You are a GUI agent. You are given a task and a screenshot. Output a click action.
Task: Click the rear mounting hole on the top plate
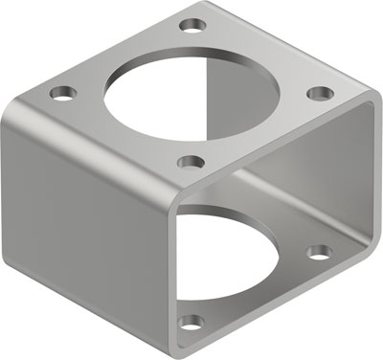point(194,22)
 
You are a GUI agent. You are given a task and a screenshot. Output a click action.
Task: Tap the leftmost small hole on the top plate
point(63,94)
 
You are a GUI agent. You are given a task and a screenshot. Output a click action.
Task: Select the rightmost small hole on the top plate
point(321,93)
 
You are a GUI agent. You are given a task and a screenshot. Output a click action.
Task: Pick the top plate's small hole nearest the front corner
point(191,162)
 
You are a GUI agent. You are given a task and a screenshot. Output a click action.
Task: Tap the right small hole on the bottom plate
point(319,253)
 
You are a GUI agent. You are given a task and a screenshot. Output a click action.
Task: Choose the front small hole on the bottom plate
point(191,322)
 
